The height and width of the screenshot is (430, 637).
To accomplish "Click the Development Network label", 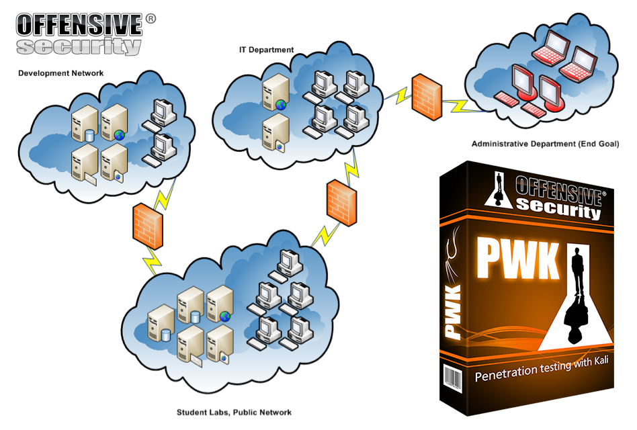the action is [x=61, y=73].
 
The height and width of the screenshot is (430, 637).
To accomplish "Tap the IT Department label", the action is [x=267, y=50].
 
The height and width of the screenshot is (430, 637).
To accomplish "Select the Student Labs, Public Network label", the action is [x=234, y=413].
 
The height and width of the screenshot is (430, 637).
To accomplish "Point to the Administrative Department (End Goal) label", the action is [x=545, y=144].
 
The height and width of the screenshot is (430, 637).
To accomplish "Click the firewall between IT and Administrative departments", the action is [x=427, y=97].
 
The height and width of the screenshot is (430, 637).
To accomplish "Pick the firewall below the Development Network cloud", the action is [x=148, y=226].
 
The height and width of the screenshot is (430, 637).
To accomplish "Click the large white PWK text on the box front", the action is [x=517, y=259].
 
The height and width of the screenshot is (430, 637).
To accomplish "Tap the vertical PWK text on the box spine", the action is [x=454, y=312].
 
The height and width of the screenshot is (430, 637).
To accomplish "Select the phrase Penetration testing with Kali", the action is [x=542, y=368].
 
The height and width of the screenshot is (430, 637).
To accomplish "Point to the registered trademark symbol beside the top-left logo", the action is [x=151, y=19].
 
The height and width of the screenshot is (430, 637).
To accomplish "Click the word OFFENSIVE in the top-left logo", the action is [x=79, y=25].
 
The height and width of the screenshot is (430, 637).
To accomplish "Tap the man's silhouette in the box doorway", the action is [x=579, y=270].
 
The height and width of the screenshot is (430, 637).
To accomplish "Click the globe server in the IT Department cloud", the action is [x=275, y=93].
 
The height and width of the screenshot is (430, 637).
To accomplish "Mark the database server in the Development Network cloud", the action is [x=85, y=124].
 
